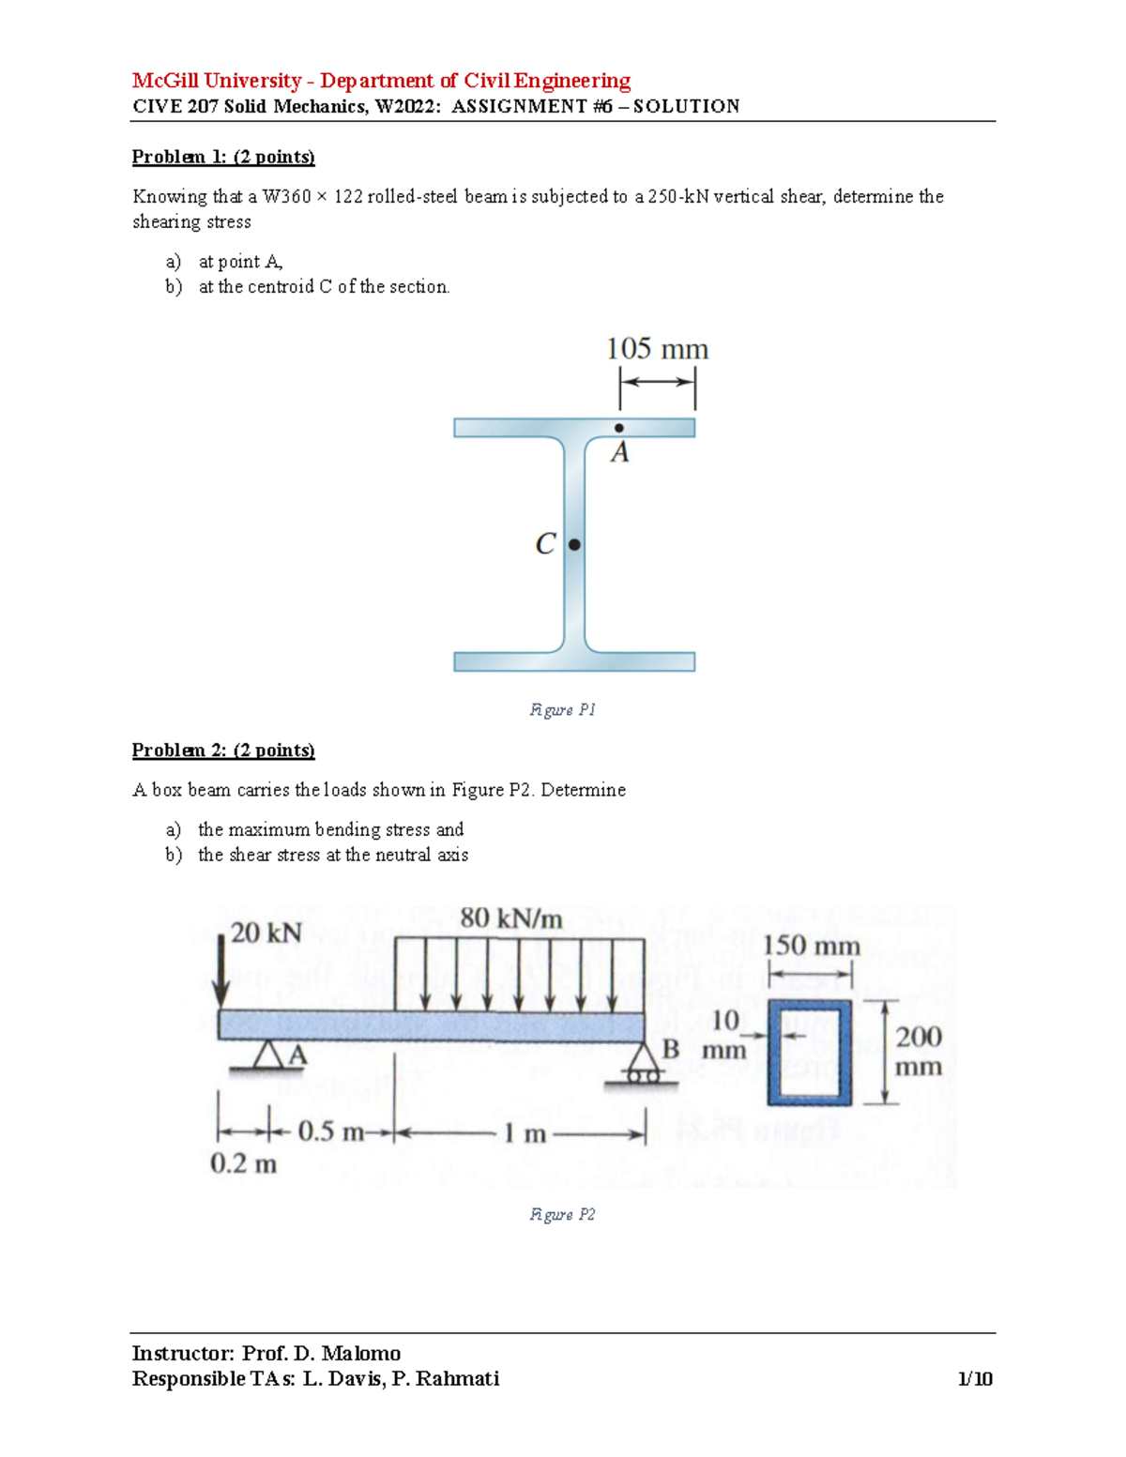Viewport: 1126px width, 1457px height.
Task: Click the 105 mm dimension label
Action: click(x=657, y=349)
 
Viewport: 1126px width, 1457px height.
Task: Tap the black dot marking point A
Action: click(x=619, y=428)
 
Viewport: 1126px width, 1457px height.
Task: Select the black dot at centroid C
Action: click(x=574, y=544)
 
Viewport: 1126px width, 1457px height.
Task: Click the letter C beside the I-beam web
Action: click(x=545, y=544)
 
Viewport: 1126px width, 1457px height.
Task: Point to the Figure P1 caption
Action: click(x=562, y=710)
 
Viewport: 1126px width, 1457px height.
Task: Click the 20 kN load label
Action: click(x=266, y=933)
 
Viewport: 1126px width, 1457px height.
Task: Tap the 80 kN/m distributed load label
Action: click(x=511, y=918)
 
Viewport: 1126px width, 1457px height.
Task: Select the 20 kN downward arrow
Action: click(x=221, y=971)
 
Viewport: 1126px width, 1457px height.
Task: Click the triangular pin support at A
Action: click(x=268, y=1055)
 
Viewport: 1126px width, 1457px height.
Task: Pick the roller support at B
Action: click(x=642, y=1066)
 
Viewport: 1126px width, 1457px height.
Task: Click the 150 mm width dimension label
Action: click(x=811, y=945)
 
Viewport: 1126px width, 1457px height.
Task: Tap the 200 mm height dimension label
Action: click(x=919, y=1051)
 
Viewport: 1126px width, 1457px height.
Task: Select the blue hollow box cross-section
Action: click(x=810, y=1052)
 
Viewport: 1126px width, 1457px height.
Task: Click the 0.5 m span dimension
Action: click(x=329, y=1131)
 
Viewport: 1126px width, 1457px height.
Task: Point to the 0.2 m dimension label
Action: click(x=243, y=1164)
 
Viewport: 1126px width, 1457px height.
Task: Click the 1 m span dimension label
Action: click(x=524, y=1133)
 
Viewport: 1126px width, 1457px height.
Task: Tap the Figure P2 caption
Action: click(x=562, y=1215)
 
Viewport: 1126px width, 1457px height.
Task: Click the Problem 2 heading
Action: click(x=223, y=750)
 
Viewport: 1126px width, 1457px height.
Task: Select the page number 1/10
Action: click(x=975, y=1378)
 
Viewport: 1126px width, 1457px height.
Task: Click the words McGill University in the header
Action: click(x=217, y=81)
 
